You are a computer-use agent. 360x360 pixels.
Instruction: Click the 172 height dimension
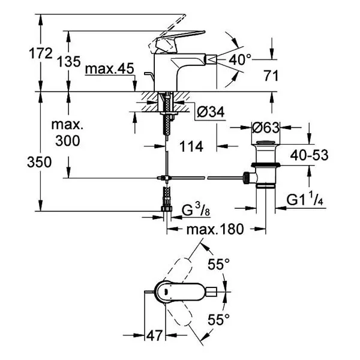(x=41, y=53)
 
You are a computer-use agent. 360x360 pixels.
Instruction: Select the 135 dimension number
(x=69, y=62)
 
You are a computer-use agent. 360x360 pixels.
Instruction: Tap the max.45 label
(x=110, y=68)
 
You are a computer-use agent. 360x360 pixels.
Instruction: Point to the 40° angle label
(x=240, y=59)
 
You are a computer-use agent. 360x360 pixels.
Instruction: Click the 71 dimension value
(x=271, y=76)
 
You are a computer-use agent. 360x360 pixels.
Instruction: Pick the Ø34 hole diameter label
(x=211, y=112)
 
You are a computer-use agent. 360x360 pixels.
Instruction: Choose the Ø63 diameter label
(x=266, y=127)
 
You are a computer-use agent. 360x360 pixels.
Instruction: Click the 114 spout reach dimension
(x=191, y=146)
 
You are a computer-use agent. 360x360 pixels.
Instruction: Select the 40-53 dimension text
(x=309, y=155)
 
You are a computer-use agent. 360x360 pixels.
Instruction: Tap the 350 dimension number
(x=39, y=162)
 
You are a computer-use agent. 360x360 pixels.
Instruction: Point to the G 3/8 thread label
(x=196, y=210)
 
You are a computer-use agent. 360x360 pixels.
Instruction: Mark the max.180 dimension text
(x=215, y=229)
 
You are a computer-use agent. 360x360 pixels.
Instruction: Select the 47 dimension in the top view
(x=155, y=335)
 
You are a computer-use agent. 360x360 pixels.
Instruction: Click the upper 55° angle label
(x=218, y=264)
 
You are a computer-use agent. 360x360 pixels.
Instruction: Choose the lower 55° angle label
(x=218, y=319)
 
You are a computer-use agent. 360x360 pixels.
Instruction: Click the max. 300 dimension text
(x=67, y=133)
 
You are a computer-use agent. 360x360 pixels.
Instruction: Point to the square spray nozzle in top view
(x=211, y=292)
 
